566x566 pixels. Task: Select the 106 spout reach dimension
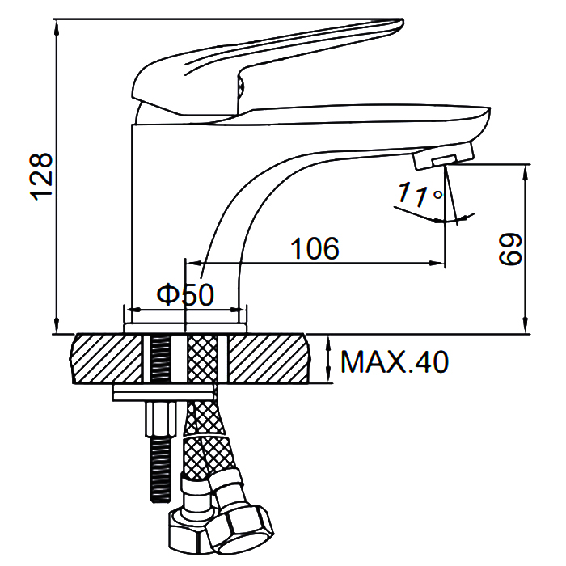[315, 248]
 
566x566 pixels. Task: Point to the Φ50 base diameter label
[185, 295]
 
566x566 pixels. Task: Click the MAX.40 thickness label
[395, 361]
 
